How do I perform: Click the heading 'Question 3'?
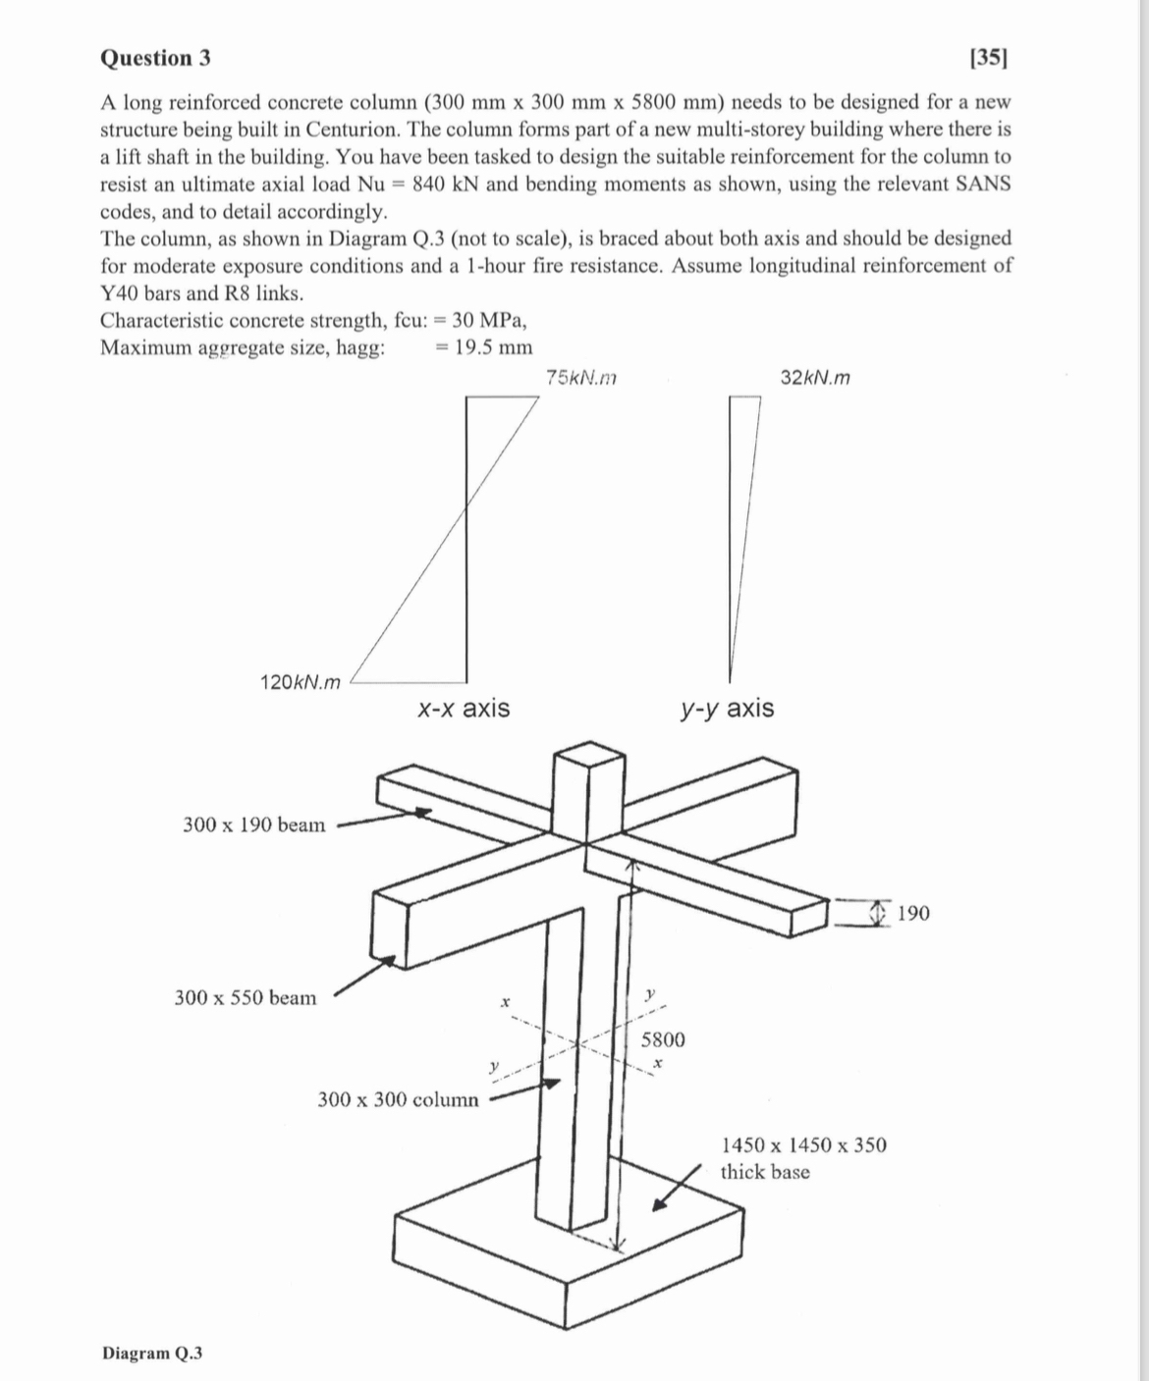coord(155,58)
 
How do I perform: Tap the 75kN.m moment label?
coord(580,377)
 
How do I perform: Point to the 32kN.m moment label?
coord(815,377)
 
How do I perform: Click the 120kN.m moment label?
coord(301,682)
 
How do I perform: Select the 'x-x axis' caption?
coord(463,708)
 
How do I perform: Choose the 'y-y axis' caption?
coord(726,708)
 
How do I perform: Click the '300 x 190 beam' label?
coord(253,824)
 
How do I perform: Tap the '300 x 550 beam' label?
coord(246,998)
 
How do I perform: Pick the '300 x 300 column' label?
coord(398,1099)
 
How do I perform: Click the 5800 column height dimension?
coord(663,1039)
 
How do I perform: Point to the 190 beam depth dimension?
coord(913,914)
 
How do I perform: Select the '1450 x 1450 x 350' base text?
coord(803,1145)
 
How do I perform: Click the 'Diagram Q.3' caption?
coord(152,1353)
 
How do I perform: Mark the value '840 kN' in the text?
coord(446,184)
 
